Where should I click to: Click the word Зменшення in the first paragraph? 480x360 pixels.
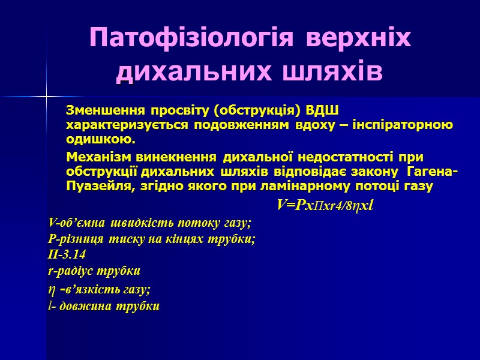point(101,111)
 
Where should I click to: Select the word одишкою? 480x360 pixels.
point(101,140)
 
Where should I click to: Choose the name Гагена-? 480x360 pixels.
point(433,172)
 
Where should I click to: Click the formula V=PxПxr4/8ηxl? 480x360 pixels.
point(325,206)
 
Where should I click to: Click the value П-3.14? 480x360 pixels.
point(66,254)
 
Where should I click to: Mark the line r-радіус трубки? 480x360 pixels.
point(94,270)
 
